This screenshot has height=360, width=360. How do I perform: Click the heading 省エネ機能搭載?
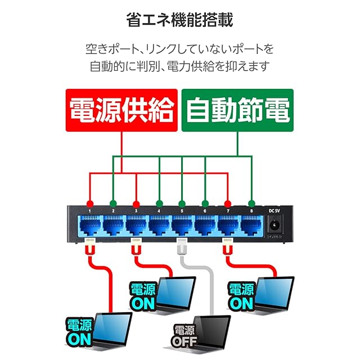[x=180, y=20]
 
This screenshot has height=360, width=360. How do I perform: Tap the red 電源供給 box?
[x=121, y=110]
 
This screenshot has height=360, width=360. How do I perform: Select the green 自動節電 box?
[x=237, y=110]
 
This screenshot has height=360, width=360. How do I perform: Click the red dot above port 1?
[x=90, y=204]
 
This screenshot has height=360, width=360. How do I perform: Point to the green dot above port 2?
[x=113, y=204]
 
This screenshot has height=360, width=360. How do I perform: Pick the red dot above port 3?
[x=136, y=204]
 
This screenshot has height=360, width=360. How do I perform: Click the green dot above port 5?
[x=182, y=204]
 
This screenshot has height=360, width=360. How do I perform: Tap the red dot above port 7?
[x=228, y=204]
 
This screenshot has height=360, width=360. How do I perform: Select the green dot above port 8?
[x=251, y=204]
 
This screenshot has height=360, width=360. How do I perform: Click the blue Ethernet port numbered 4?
[x=159, y=226]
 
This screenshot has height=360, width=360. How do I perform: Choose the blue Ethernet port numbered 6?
[x=205, y=226]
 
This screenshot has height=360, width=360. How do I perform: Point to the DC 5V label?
[x=274, y=211]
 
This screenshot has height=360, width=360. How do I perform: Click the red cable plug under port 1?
[x=90, y=246]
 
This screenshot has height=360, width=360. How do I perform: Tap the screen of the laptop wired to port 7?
[x=275, y=291]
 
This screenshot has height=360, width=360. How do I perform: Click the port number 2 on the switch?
[x=113, y=211]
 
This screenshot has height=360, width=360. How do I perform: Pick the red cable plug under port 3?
[x=136, y=246]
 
